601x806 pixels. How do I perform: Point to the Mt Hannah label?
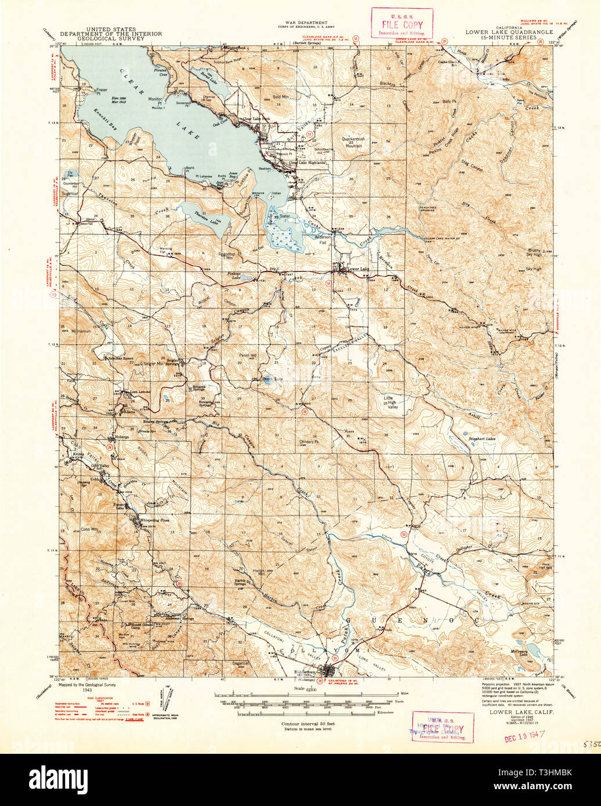click(81, 331)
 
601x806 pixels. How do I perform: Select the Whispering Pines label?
click(153, 520)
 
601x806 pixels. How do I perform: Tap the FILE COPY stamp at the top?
click(401, 23)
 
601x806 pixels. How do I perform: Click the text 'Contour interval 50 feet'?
click(307, 724)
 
